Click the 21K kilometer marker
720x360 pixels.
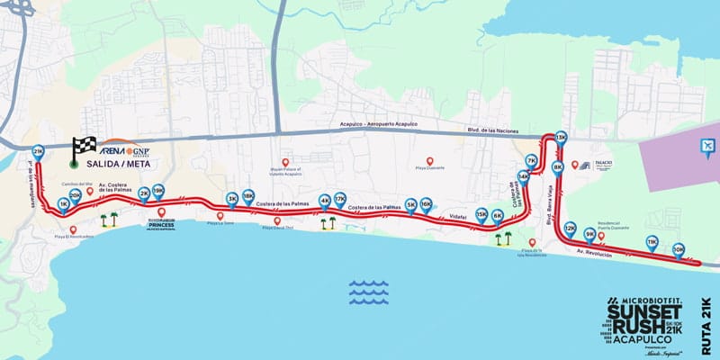click(38, 152)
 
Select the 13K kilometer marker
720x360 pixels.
click(562, 138)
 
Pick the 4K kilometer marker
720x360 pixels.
click(325, 201)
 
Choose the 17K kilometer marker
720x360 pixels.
click(340, 199)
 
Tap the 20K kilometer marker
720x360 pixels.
click(76, 193)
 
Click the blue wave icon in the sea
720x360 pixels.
click(368, 290)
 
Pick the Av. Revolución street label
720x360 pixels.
click(595, 256)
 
